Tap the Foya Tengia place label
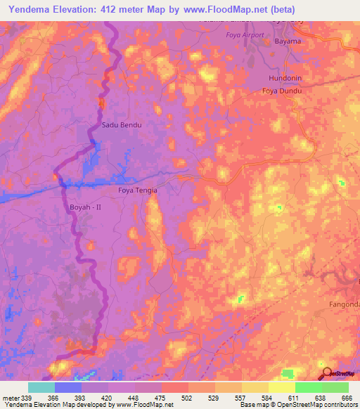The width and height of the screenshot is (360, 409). coord(137,190)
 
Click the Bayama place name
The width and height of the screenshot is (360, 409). coord(286,41)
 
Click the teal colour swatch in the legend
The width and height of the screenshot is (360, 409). coord(41,387)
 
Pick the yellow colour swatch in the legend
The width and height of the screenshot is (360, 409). coord(281,387)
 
